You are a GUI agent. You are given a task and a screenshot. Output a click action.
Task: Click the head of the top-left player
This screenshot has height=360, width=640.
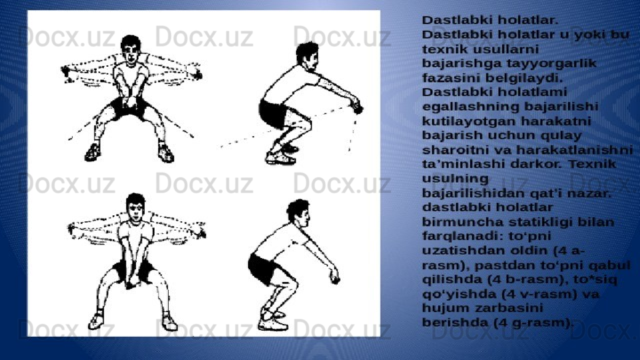[x=131, y=50]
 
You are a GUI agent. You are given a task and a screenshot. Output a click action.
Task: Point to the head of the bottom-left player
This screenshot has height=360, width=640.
[x=135, y=207]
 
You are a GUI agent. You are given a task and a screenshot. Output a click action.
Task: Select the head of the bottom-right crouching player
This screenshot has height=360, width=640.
[x=299, y=213]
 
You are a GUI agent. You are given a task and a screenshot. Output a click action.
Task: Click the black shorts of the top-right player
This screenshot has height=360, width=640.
[x=273, y=113]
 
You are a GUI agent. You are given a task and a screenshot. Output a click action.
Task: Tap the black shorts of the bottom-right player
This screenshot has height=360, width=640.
[x=263, y=269]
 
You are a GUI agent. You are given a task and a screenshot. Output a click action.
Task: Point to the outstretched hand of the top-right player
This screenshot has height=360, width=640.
[x=357, y=107]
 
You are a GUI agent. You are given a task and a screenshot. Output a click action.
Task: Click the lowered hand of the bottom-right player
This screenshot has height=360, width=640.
[x=335, y=278]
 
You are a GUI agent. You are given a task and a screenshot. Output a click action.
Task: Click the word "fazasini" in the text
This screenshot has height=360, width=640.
[x=449, y=77]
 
